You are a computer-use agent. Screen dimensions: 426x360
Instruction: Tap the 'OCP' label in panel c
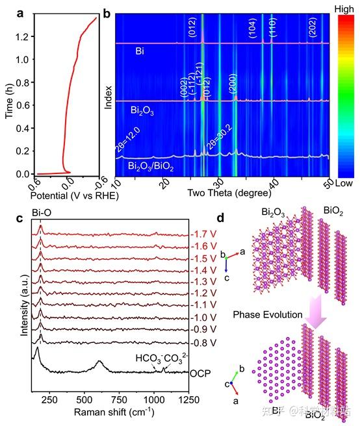coord(199,375)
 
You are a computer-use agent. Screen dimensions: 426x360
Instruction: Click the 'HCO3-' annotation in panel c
coord(148,358)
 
